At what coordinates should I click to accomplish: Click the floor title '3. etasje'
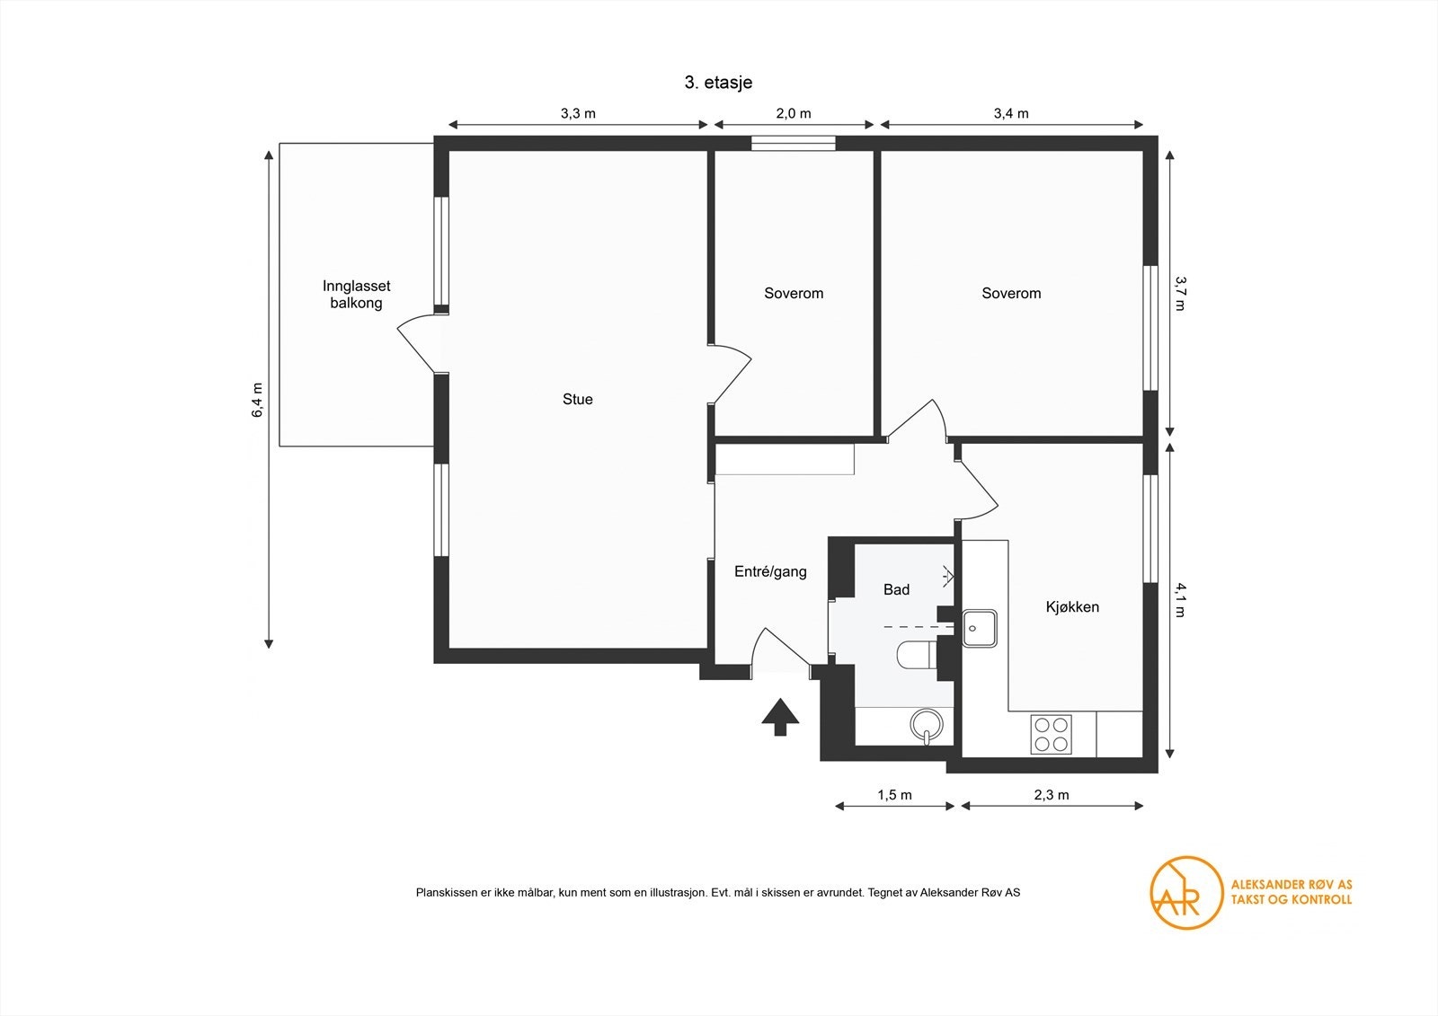coord(718,83)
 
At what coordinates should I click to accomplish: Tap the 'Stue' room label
coord(578,399)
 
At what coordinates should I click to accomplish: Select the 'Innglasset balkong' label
coord(356,295)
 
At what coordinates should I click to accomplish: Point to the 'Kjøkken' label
coord(1072,607)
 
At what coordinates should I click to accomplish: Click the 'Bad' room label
coord(896,589)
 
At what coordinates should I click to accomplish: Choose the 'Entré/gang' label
coord(770,572)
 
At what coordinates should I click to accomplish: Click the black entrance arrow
coord(780,716)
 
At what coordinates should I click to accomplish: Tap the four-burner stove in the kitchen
coord(1051,734)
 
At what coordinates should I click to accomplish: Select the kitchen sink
coord(979,628)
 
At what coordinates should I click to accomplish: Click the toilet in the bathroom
coord(916,655)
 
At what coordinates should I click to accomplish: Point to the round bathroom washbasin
coord(927,725)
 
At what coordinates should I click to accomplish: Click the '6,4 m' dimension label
coord(257,401)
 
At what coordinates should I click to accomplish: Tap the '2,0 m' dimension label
coord(794,113)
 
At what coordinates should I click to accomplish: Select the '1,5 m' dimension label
coord(895,795)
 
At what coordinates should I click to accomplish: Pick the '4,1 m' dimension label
coord(1180,599)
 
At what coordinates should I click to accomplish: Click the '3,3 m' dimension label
coord(578,113)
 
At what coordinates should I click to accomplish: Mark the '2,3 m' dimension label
coord(1052,795)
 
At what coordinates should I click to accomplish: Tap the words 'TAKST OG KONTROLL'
coord(1291,900)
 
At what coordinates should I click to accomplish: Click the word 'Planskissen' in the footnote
coord(447,893)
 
